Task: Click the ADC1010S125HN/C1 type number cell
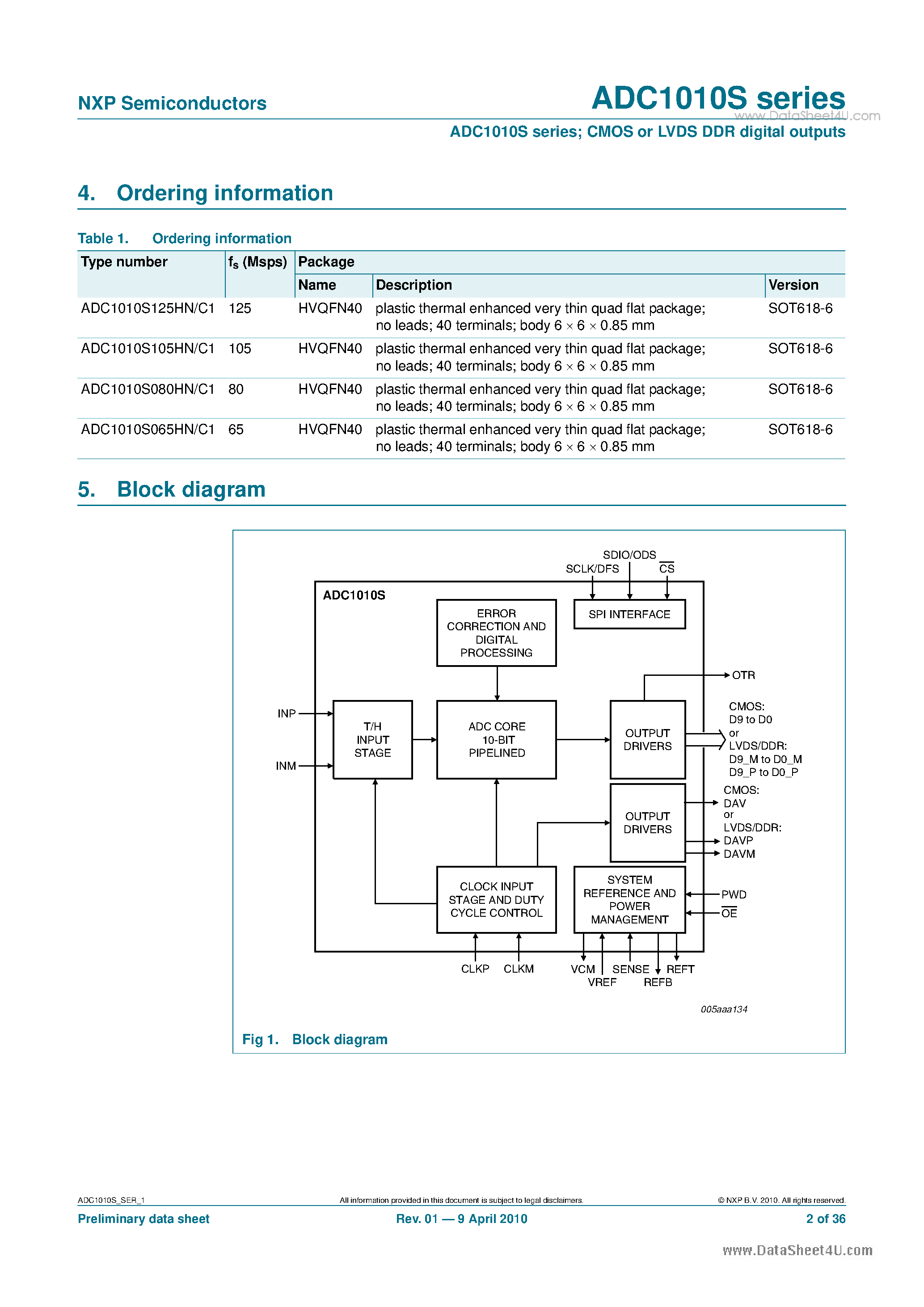click(148, 308)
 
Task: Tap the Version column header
click(793, 285)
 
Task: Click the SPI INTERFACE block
click(629, 614)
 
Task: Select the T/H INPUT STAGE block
click(372, 739)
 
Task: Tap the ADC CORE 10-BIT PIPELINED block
click(497, 739)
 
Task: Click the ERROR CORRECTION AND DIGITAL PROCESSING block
click(497, 632)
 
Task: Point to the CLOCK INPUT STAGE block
click(497, 899)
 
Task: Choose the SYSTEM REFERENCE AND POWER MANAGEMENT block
click(629, 899)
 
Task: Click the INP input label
click(287, 714)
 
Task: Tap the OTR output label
click(743, 675)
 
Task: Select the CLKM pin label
click(519, 969)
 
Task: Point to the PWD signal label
click(734, 894)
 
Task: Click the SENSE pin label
click(630, 969)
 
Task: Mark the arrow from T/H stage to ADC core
click(424, 739)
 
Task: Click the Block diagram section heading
click(191, 489)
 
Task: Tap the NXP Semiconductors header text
click(172, 103)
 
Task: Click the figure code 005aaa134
click(724, 1009)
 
